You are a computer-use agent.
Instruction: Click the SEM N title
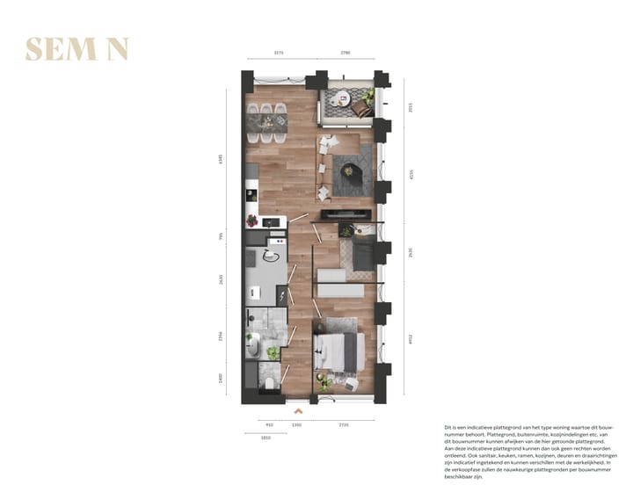[77, 49]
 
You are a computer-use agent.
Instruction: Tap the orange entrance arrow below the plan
[299, 409]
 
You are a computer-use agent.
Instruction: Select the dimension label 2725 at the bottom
[342, 424]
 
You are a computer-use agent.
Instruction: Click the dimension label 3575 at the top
[279, 53]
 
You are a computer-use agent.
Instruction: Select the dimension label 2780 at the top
[345, 53]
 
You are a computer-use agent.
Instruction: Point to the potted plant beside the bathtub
[273, 352]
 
